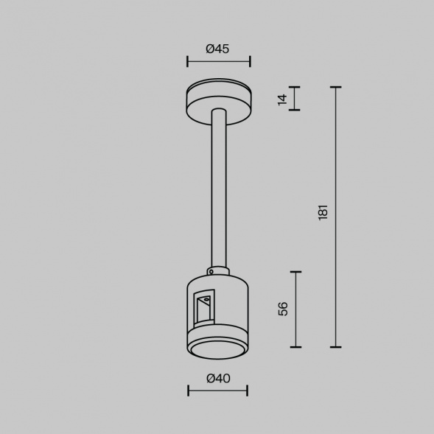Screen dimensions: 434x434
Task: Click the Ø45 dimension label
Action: pyautogui.click(x=217, y=49)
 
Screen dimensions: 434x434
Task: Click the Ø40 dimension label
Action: pyautogui.click(x=217, y=378)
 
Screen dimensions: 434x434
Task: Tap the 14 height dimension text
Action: pyautogui.click(x=282, y=99)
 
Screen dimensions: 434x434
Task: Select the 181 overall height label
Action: pyautogui.click(x=323, y=213)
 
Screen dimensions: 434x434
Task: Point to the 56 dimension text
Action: pyautogui.click(x=284, y=309)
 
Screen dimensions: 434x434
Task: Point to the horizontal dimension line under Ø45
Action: pyautogui.click(x=218, y=62)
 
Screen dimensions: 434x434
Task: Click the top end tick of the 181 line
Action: pyautogui.click(x=337, y=87)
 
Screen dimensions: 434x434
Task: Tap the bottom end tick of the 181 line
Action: pyautogui.click(x=337, y=346)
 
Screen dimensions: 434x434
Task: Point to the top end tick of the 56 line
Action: pyautogui.click(x=297, y=272)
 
